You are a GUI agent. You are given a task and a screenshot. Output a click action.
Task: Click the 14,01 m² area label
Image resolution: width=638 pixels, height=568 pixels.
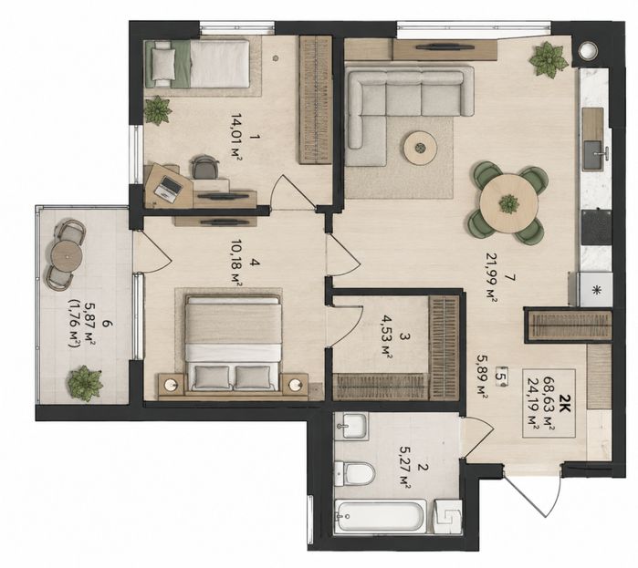pyautogui.click(x=234, y=137)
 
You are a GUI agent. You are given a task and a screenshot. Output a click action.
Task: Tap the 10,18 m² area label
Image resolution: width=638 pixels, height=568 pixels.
pyautogui.click(x=234, y=263)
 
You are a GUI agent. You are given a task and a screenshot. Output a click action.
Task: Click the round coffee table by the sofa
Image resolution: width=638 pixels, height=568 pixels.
pyautogui.click(x=421, y=148)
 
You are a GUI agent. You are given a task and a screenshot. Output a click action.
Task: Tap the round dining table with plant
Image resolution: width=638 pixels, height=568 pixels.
pyautogui.click(x=508, y=203)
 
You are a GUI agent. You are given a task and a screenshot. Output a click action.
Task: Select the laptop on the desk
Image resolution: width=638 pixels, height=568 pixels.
pyautogui.click(x=169, y=187)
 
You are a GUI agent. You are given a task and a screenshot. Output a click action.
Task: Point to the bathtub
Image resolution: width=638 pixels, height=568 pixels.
pyautogui.click(x=380, y=517)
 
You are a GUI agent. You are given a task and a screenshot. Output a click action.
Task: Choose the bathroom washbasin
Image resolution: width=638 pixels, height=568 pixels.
pyautogui.click(x=352, y=426)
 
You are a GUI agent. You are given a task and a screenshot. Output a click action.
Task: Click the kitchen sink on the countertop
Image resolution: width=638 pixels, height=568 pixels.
pyautogui.click(x=593, y=155)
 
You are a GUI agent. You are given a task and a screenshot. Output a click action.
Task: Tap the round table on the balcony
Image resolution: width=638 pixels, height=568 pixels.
pyautogui.click(x=67, y=255)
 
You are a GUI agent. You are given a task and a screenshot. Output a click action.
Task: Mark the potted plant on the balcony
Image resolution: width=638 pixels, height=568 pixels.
pyautogui.click(x=85, y=381)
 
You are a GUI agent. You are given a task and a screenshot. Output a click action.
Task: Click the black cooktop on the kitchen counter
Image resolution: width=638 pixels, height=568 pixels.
pyautogui.click(x=596, y=227)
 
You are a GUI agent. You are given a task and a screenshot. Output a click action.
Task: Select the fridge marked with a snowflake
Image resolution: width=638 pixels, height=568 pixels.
pyautogui.click(x=595, y=289)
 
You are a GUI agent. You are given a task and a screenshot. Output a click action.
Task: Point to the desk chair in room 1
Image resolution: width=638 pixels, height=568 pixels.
pyautogui.click(x=204, y=167)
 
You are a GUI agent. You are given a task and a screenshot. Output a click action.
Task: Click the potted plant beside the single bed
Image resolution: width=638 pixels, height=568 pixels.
pyautogui.click(x=158, y=109)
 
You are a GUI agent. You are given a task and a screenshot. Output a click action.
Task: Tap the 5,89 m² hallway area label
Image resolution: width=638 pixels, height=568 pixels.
pyautogui.click(x=482, y=377)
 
